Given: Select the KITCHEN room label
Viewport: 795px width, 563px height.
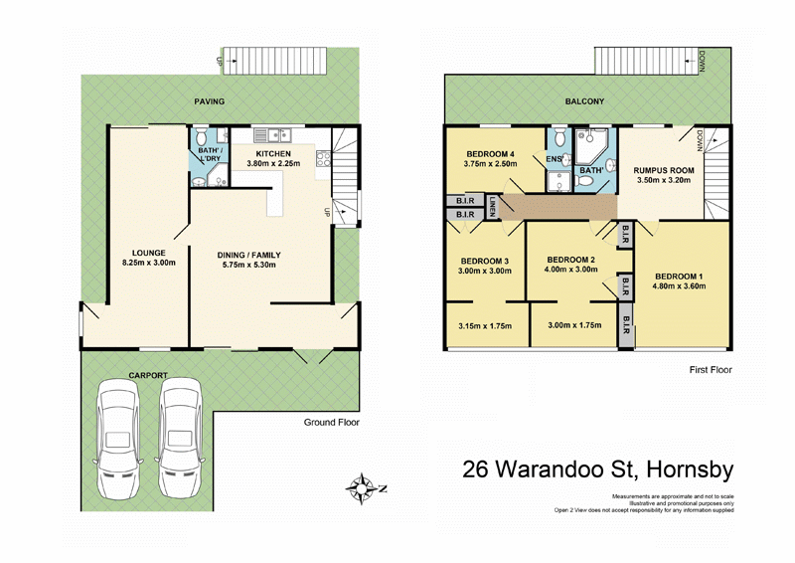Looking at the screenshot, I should (273, 154).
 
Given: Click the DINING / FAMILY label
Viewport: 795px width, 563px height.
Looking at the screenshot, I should (256, 254).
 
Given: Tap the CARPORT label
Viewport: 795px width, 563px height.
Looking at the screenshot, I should (146, 376).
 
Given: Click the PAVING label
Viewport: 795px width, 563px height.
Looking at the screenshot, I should (209, 101).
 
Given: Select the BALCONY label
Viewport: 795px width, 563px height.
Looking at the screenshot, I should (585, 101).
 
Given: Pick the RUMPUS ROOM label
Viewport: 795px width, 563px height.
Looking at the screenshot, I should (664, 170).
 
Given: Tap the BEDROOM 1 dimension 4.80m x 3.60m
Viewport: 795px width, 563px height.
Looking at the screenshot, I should (678, 286).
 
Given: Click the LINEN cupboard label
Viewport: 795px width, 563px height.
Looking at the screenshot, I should (492, 207).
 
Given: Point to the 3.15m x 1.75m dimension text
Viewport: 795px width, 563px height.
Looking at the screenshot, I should (484, 324).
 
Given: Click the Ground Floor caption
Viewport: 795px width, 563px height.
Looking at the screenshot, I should (331, 422).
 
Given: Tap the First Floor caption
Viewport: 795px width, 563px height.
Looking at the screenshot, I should (710, 369).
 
